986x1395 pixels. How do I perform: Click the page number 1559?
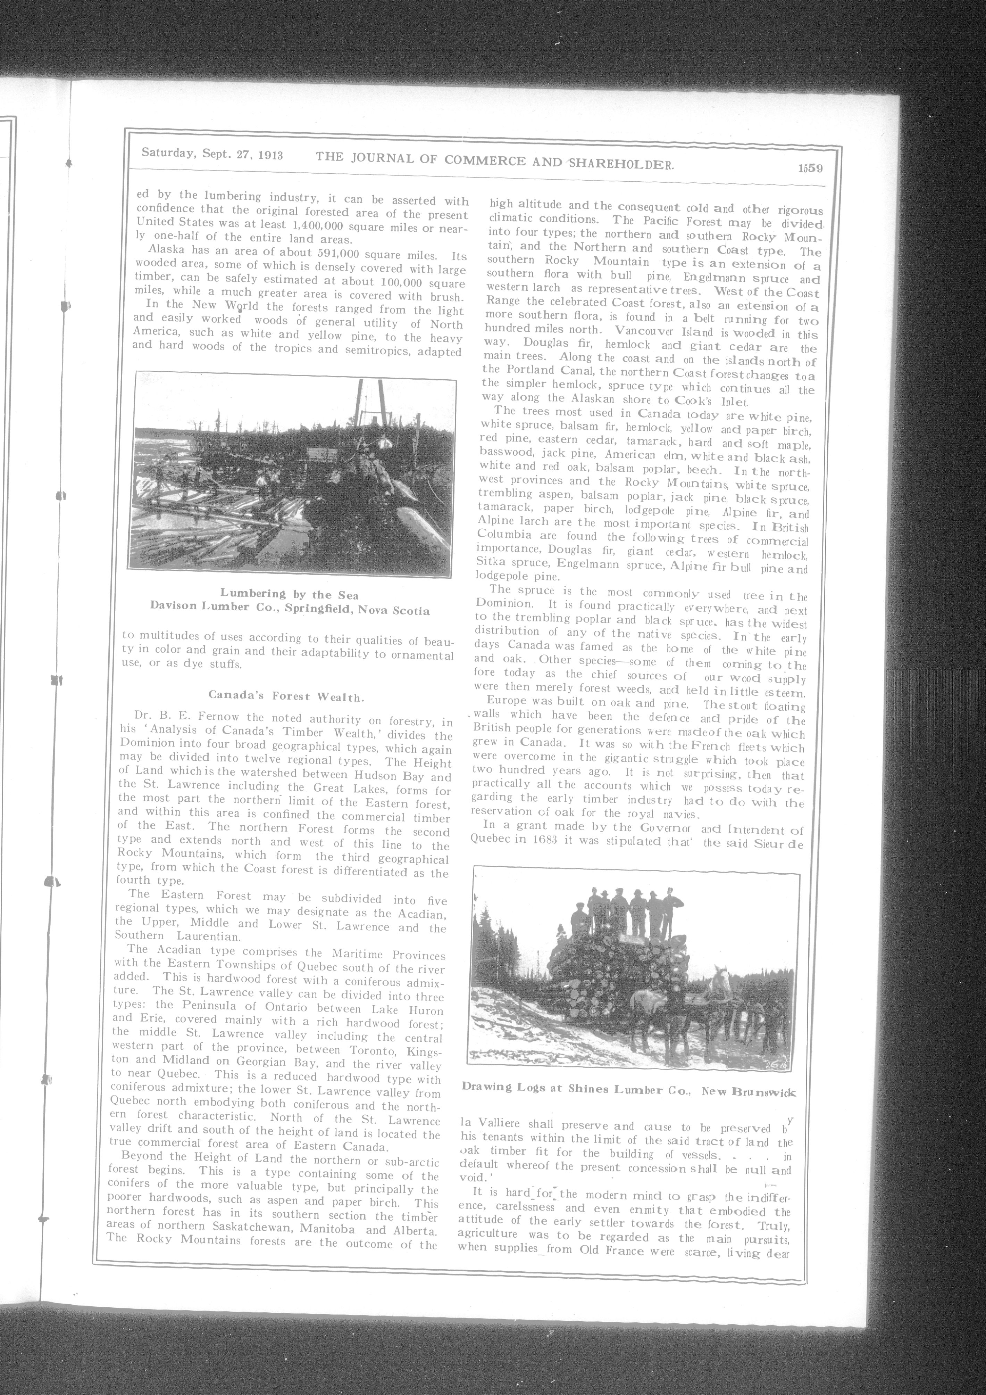click(x=810, y=168)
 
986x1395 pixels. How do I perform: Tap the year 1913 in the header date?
click(x=269, y=154)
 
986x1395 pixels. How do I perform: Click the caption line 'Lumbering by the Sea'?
click(x=289, y=594)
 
